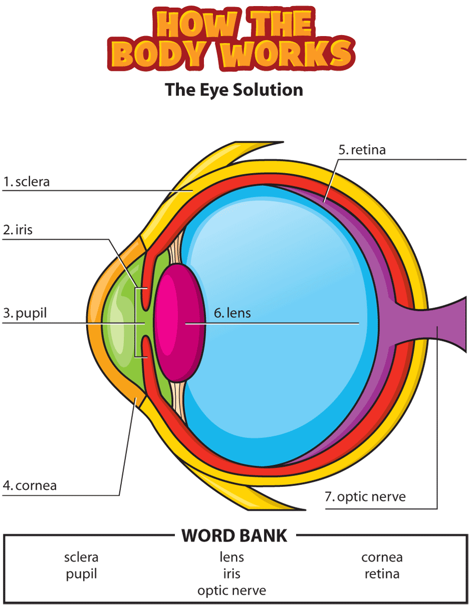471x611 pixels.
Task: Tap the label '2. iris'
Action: click(x=18, y=230)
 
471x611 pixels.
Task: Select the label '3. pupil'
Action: click(x=25, y=313)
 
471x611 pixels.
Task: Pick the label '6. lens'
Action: click(x=232, y=313)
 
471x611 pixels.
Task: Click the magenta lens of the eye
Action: click(x=179, y=323)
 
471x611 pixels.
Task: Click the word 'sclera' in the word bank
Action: click(x=81, y=557)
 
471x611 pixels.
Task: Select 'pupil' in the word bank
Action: click(x=81, y=574)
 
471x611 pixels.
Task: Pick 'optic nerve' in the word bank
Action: click(x=232, y=591)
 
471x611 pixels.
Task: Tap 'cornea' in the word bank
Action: click(x=382, y=557)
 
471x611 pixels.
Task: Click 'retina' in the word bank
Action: click(x=382, y=574)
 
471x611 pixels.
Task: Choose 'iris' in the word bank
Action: click(x=231, y=574)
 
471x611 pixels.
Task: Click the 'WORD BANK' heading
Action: click(x=234, y=536)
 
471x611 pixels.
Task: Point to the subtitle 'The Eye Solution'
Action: click(x=234, y=90)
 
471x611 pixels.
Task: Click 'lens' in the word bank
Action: click(x=231, y=557)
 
